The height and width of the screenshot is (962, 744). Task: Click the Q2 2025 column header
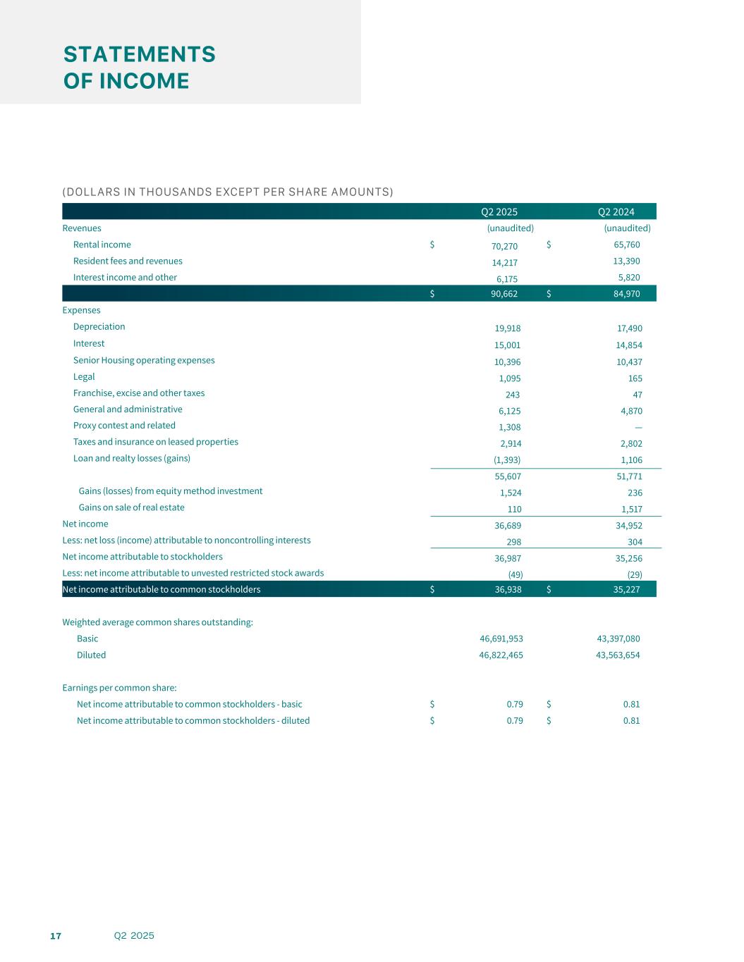[499, 211]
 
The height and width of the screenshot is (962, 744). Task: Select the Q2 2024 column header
[616, 211]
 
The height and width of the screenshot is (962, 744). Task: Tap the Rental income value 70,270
[504, 246]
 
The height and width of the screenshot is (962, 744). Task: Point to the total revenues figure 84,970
[626, 294]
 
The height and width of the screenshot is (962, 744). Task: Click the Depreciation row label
[99, 327]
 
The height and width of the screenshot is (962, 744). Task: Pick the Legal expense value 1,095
[509, 378]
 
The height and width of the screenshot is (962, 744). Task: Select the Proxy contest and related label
[124, 426]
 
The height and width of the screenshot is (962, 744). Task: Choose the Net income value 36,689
[508, 526]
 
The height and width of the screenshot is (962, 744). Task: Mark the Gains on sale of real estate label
[131, 507]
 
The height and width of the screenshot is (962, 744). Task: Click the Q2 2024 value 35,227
[626, 589]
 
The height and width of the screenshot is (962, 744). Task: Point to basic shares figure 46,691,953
[501, 639]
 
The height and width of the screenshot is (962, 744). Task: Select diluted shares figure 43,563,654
[618, 655]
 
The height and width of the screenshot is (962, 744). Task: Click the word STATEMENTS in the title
[140, 54]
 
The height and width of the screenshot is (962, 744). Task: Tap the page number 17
[56, 936]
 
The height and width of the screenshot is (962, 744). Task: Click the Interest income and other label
[125, 278]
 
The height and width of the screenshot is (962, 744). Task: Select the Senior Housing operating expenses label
[144, 360]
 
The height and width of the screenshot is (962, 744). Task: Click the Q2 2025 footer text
[134, 936]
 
